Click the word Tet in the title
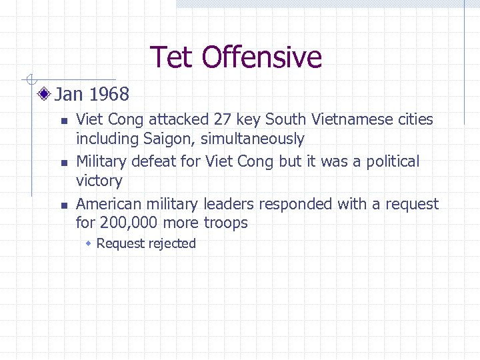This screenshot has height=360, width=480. click(x=173, y=57)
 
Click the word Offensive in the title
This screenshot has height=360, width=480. click(x=262, y=57)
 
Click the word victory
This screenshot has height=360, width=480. click(x=99, y=181)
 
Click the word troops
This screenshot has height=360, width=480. click(x=225, y=223)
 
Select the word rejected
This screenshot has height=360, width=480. click(x=172, y=244)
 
